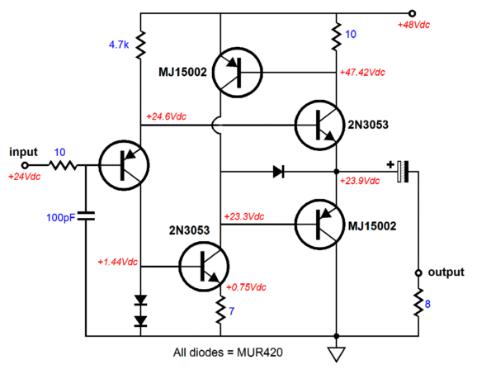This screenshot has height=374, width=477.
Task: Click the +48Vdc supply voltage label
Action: pyautogui.click(x=413, y=25)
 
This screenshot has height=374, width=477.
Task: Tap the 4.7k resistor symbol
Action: pyautogui.click(x=140, y=45)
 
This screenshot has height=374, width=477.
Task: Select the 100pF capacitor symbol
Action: pyautogui.click(x=86, y=216)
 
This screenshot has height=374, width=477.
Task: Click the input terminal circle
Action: pyautogui.click(x=25, y=165)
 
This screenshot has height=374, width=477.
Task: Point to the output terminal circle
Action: pyautogui.click(x=418, y=273)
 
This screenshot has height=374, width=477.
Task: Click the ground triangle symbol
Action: pyautogui.click(x=337, y=354)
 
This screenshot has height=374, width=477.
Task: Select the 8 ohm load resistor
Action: pyautogui.click(x=418, y=302)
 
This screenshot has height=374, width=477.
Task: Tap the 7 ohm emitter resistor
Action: pyautogui.click(x=220, y=310)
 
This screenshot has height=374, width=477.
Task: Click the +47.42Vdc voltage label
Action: pyautogui.click(x=362, y=73)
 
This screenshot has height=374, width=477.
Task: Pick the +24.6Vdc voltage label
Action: pyautogui.click(x=166, y=116)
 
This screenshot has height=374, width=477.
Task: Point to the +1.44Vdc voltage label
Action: pyautogui.click(x=117, y=262)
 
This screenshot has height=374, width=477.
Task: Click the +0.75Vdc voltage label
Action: pyautogui.click(x=246, y=287)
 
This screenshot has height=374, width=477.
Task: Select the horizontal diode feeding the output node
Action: pyautogui.click(x=278, y=172)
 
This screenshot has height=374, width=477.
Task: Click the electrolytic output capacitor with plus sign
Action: pyautogui.click(x=402, y=172)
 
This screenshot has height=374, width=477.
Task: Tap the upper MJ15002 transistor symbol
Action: pyautogui.click(x=238, y=73)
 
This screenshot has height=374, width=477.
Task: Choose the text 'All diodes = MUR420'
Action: pyautogui.click(x=228, y=353)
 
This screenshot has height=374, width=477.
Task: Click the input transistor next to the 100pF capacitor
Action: pyautogui.click(x=124, y=165)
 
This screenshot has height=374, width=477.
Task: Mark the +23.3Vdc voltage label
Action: pyautogui.click(x=244, y=216)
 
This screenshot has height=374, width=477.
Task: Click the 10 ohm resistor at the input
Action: pyautogui.click(x=63, y=165)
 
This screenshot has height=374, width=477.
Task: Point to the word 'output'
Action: pyautogui.click(x=446, y=272)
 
